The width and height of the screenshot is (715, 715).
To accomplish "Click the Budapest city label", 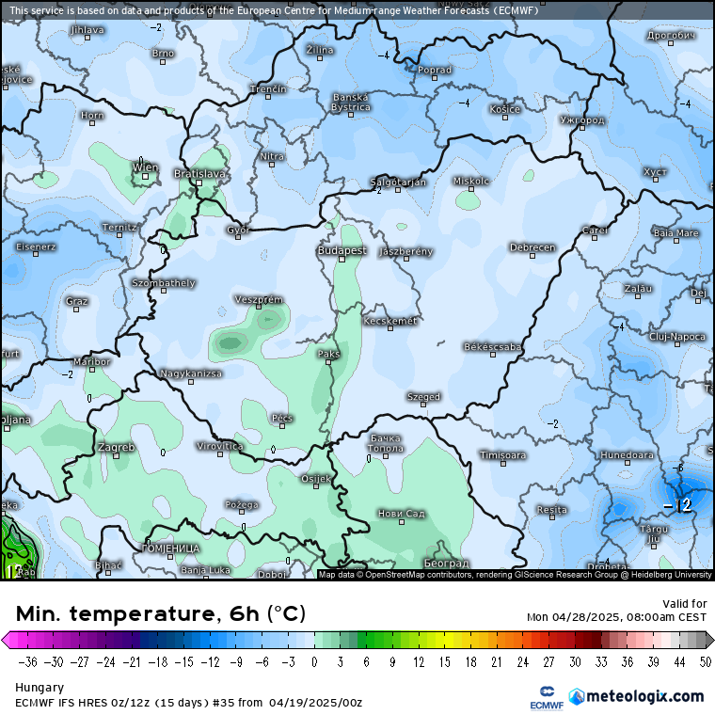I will [342, 251].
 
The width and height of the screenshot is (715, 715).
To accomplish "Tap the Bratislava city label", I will [200, 174].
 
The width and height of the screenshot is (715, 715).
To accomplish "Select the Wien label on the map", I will [145, 167].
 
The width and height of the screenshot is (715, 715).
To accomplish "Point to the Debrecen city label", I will [532, 247].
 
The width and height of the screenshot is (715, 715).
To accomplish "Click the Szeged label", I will [423, 397].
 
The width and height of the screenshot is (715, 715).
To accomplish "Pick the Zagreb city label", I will [116, 447].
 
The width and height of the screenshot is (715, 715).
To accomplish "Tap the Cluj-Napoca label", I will [677, 336].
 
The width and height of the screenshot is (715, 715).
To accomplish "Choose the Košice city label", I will [504, 109].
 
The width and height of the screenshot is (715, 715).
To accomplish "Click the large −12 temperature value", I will [677, 506].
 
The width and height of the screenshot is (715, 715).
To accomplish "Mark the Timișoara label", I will [502, 455].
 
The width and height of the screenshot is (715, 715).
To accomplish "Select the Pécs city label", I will [281, 418].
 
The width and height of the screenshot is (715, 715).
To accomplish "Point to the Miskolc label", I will [471, 181].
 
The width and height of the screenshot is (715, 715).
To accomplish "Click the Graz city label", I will [77, 301].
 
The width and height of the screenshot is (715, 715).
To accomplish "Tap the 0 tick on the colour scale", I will [313, 661].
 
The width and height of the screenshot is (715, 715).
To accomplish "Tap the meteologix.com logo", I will [644, 696].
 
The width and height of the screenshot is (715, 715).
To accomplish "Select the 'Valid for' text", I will [685, 604].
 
